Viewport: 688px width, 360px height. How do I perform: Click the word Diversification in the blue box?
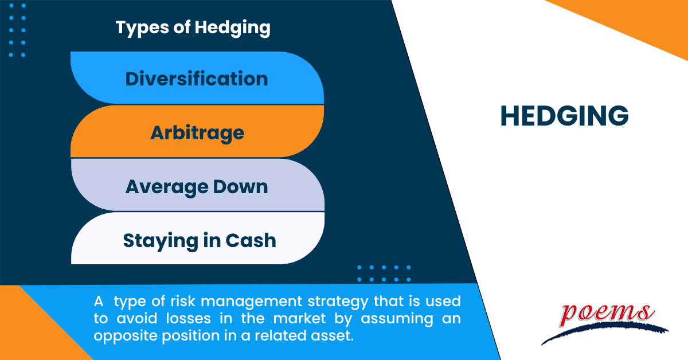coord(197,79)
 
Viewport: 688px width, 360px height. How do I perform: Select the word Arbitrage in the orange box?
coord(197,132)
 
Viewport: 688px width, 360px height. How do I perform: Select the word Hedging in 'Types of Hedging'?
coord(234,28)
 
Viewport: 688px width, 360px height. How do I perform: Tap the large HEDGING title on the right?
coord(564,116)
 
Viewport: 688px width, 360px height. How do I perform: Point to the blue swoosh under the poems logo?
coord(602,332)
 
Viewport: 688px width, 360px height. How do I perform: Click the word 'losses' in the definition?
coord(179,318)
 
